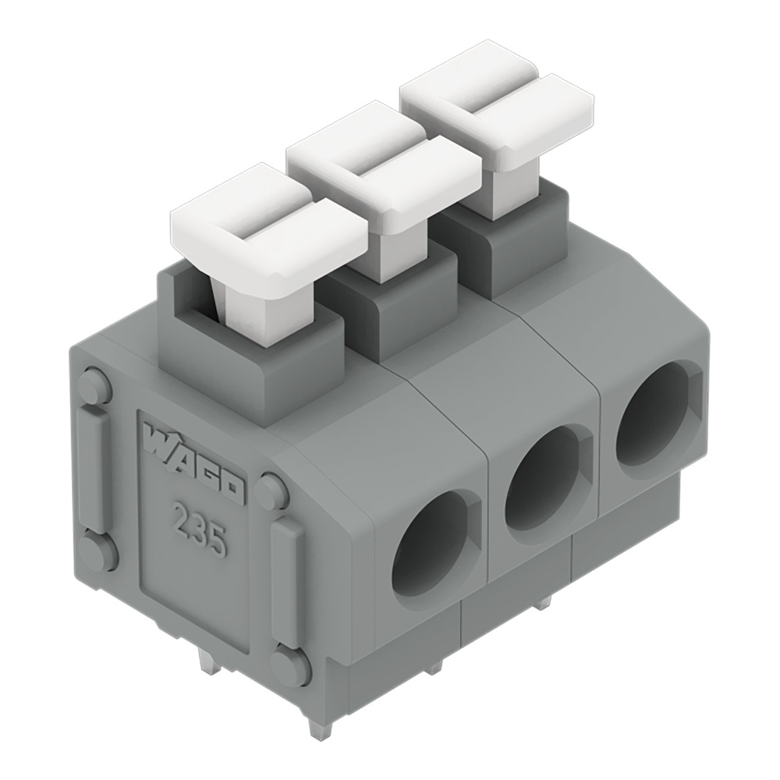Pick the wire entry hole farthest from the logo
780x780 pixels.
[x=654, y=421]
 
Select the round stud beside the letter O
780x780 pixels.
[x=271, y=491]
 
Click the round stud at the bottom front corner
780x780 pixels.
[x=290, y=667]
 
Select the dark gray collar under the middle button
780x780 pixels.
[x=390, y=308]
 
